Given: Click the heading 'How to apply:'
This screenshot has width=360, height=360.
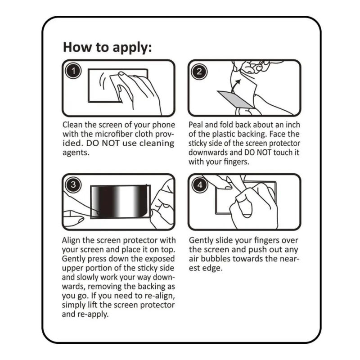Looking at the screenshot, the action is (x=107, y=48).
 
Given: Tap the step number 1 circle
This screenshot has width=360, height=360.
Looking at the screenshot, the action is (x=73, y=71).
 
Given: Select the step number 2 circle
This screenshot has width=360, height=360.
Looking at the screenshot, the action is (x=199, y=72).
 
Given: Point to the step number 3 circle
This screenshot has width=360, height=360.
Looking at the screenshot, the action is (x=73, y=184).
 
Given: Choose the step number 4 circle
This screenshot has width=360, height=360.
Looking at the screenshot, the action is (x=200, y=185).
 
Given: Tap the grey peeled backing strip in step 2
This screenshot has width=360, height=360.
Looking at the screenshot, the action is (x=236, y=99).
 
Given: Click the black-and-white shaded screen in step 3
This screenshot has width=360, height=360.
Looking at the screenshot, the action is (x=120, y=201).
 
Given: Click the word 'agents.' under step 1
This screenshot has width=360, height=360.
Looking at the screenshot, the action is (x=76, y=153).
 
